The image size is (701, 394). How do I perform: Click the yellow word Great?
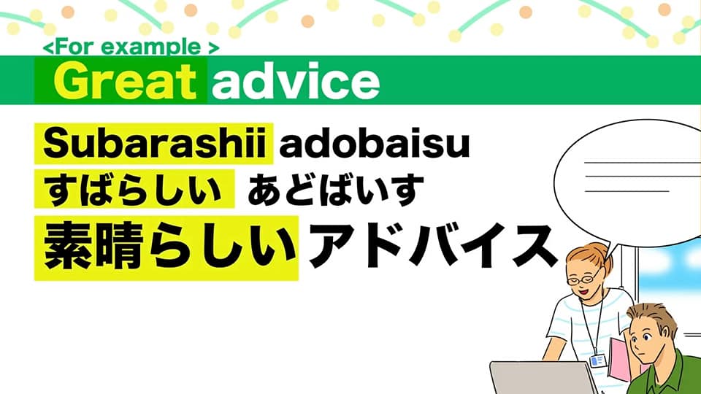click(125, 81)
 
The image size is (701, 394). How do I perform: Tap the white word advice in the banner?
click(296, 81)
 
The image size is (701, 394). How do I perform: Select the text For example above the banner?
click(131, 47)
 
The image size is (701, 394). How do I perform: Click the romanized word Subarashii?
click(155, 144)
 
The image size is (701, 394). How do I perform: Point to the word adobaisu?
click(375, 144)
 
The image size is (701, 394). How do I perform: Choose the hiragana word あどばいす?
click(335, 189)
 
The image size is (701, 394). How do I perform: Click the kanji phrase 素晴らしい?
click(170, 247)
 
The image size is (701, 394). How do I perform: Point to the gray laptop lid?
click(543, 378)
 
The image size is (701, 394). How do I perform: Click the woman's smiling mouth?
click(583, 292)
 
